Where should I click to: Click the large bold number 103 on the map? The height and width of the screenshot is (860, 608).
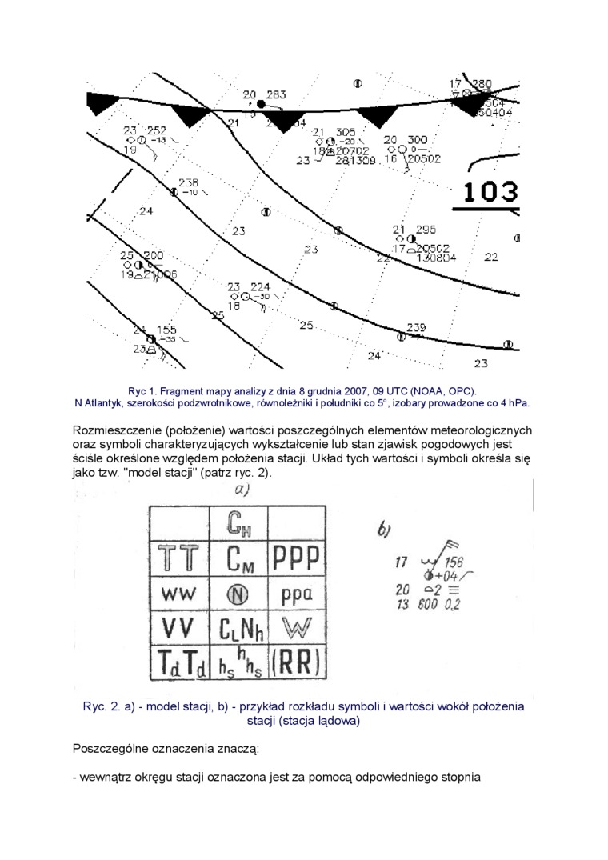click(490, 192)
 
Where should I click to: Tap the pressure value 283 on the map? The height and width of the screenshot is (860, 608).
click(276, 94)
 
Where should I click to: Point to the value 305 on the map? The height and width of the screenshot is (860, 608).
click(345, 132)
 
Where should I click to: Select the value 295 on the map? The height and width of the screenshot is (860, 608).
click(426, 229)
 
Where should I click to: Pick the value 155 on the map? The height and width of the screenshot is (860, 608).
click(166, 330)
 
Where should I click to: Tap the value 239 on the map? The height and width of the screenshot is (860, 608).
click(416, 327)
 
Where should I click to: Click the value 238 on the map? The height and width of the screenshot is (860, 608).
click(188, 182)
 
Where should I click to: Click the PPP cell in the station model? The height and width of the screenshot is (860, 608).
click(297, 558)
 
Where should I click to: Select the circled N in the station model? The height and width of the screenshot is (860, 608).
click(238, 594)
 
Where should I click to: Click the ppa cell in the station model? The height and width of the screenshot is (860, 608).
click(297, 594)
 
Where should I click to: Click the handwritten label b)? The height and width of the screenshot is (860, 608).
click(383, 530)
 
